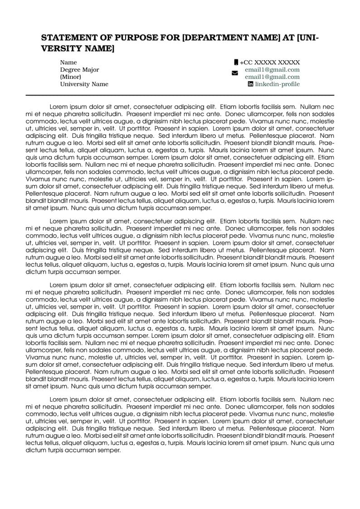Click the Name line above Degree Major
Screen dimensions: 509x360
pos(68,63)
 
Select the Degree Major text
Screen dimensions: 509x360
pos(79,70)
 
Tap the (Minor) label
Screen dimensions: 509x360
pos(71,77)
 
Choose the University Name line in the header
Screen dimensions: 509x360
pos(84,84)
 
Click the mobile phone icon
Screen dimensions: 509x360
pos(236,62)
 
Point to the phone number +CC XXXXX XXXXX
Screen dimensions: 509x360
pos(270,63)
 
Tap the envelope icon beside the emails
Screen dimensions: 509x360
pos(234,73)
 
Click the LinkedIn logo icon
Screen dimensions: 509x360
pos(250,84)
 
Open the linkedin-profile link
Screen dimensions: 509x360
pos(277,84)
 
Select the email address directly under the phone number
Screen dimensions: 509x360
pos(272,70)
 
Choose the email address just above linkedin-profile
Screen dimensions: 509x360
pos(272,77)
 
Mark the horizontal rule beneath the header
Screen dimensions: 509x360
pos(180,95)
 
